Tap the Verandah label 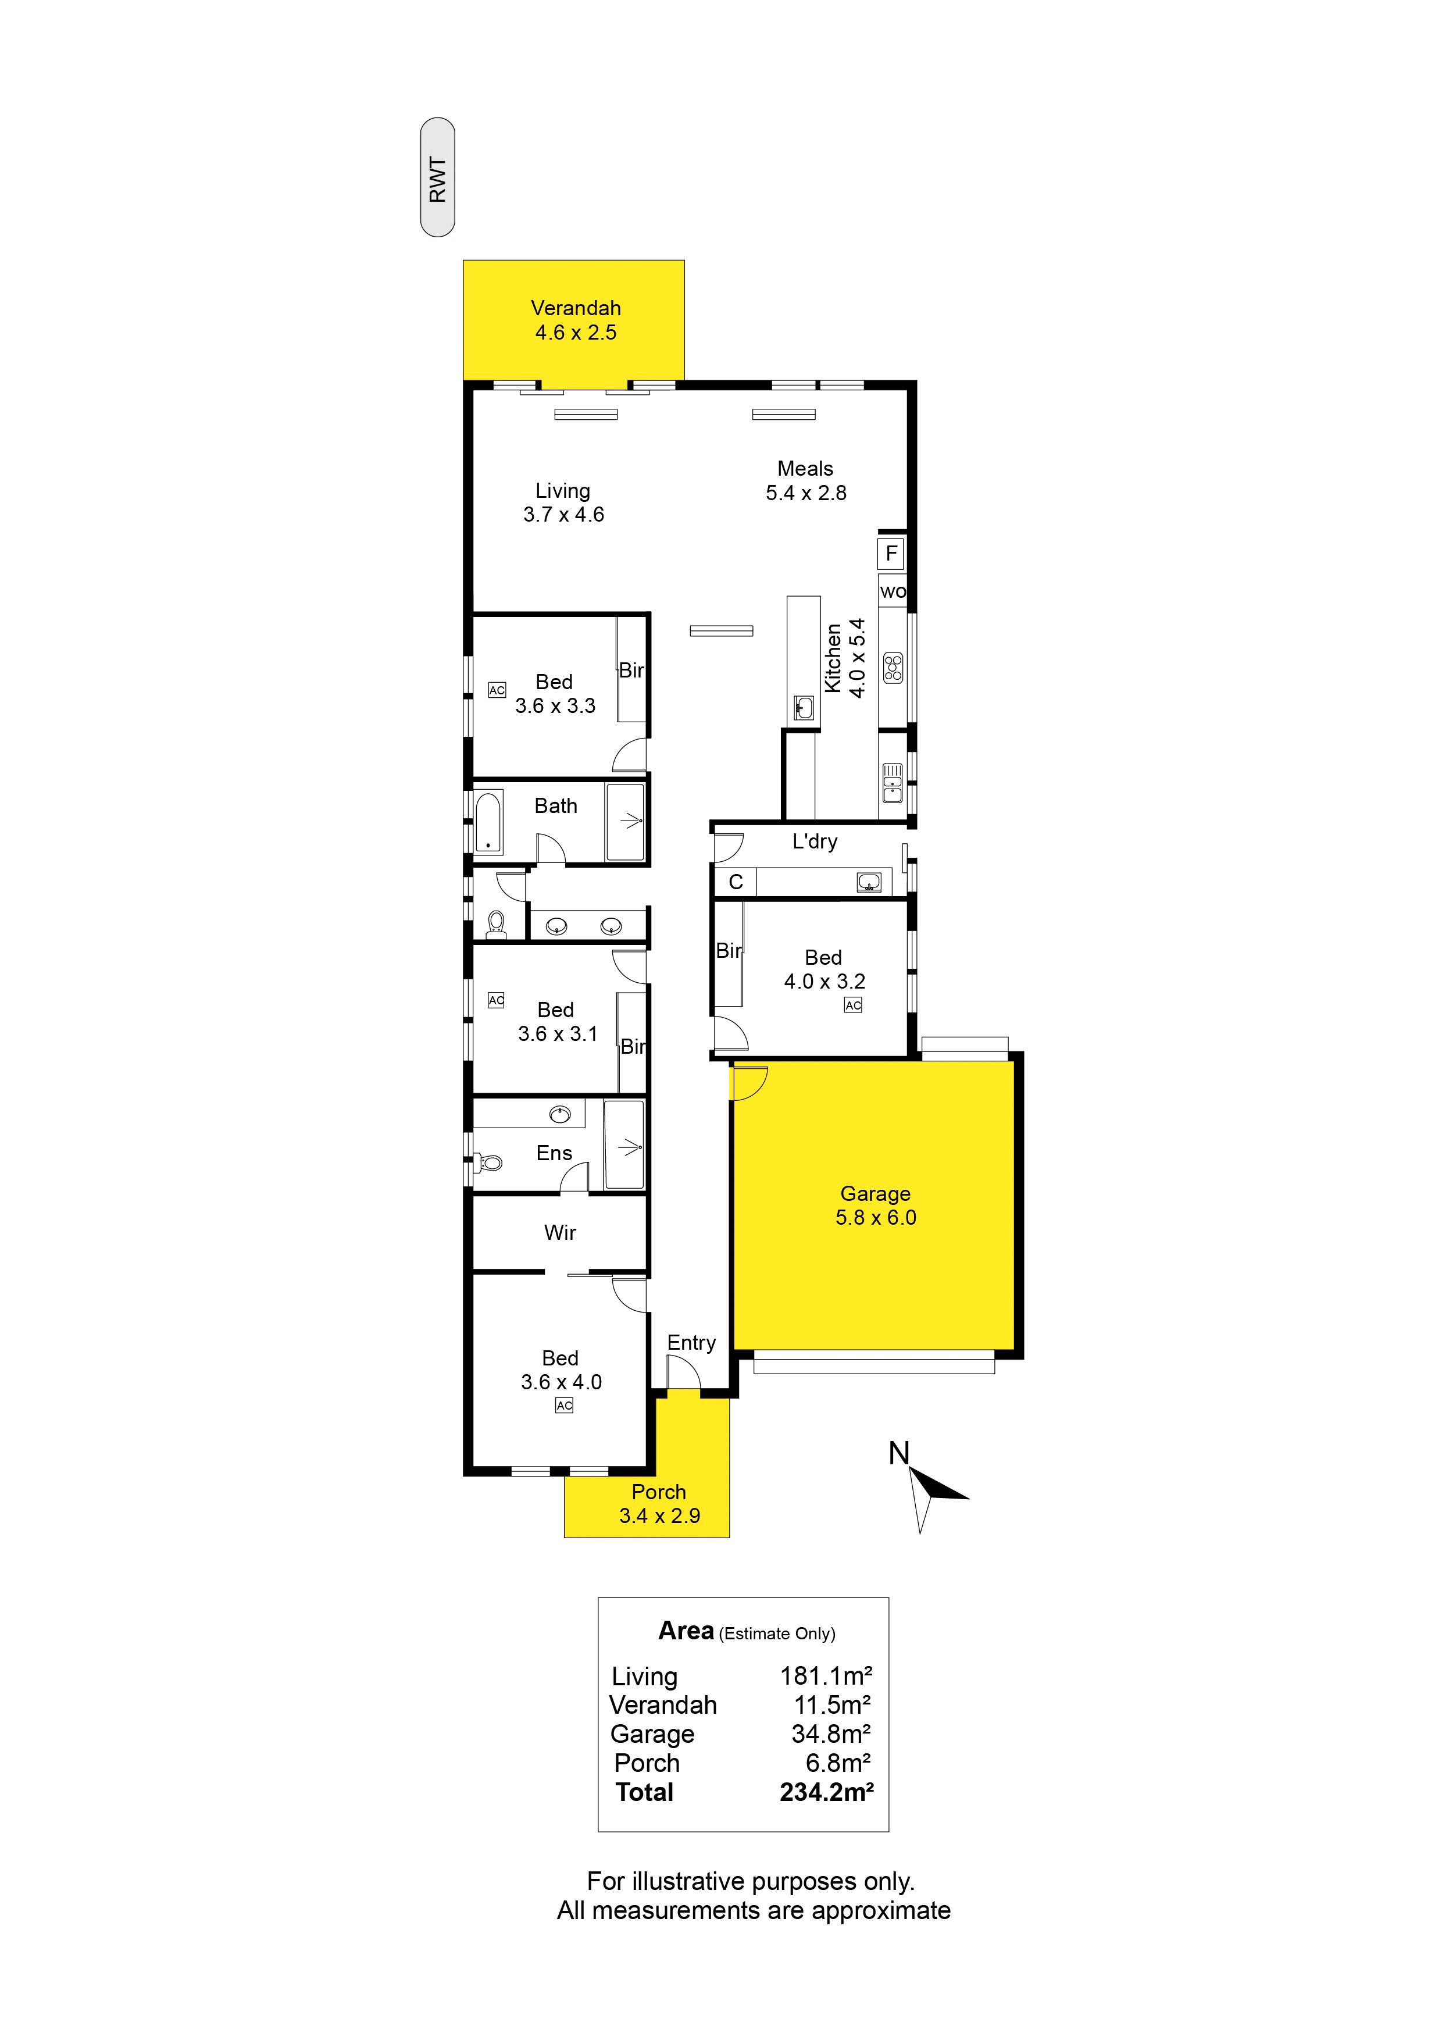coord(576,308)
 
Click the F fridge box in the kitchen coord(891,554)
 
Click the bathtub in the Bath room coord(488,822)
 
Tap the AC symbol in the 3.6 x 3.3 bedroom coord(497,690)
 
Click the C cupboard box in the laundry coord(736,882)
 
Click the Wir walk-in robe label coord(560,1232)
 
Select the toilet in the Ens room coord(488,1161)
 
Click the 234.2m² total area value coord(826,1792)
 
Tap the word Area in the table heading coord(686,1631)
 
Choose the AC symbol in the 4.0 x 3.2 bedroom coord(853,1005)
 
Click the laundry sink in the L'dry coord(869,882)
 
